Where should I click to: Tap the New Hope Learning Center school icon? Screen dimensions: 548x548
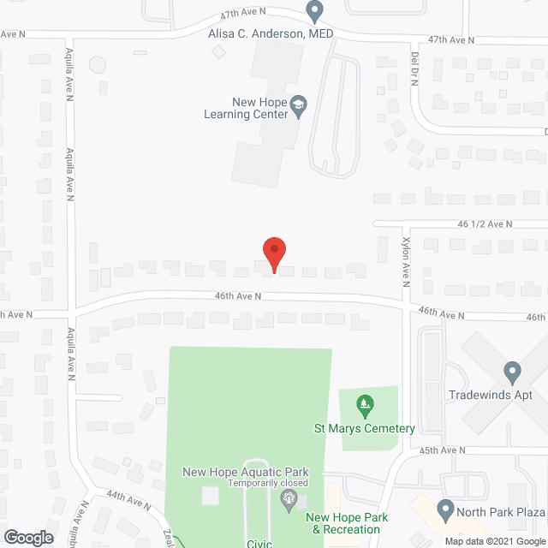pos(298,106)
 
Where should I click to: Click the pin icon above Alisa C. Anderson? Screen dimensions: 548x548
pos(314,11)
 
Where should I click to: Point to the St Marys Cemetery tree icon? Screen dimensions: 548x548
pos(366,402)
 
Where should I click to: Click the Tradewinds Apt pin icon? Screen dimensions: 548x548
pos(512,373)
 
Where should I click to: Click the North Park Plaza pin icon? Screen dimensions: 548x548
pos(445,511)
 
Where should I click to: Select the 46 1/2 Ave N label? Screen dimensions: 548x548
pos(485,223)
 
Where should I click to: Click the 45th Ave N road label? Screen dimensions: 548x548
pos(443,450)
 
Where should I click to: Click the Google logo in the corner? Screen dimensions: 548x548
pos(27,538)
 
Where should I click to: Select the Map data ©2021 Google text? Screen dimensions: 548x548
pos(494,541)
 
